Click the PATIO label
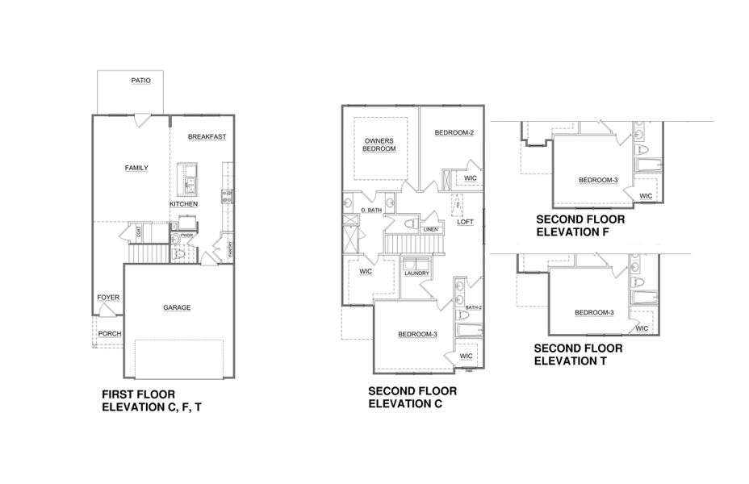[141, 81]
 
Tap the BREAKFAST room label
[207, 137]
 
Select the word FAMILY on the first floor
[136, 168]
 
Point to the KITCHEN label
[183, 204]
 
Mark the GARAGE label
[177, 307]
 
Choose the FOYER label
[108, 298]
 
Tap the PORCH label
[109, 333]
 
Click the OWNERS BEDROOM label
[379, 144]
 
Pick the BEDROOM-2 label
[454, 132]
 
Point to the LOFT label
[466, 221]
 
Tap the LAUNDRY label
[417, 273]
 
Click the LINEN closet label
[431, 230]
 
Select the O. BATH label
[370, 211]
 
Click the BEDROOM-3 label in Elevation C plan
[416, 335]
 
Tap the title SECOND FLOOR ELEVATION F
[580, 224]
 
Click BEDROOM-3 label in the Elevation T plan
[594, 313]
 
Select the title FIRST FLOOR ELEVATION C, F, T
[152, 401]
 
